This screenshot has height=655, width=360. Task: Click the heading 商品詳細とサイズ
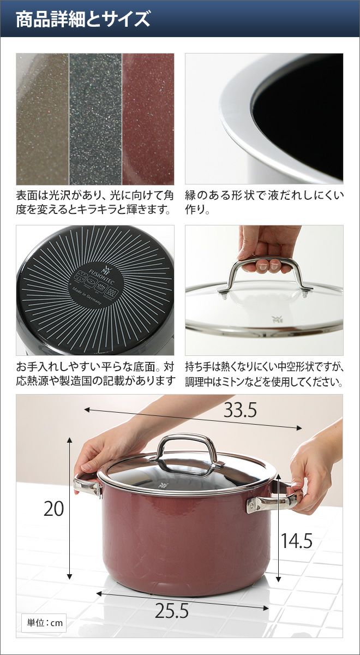[x=83, y=19]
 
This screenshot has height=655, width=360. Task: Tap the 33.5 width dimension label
[x=240, y=410]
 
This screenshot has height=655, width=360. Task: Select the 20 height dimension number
[x=53, y=509]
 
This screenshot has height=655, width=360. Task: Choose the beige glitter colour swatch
[x=43, y=119]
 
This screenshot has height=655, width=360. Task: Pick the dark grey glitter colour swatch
[x=95, y=119]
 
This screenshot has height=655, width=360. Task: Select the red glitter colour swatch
[x=148, y=119]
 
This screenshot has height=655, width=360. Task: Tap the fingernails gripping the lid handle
[x=269, y=266]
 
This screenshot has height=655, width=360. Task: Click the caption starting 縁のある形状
[x=264, y=203]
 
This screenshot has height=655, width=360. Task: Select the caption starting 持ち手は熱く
[x=264, y=374]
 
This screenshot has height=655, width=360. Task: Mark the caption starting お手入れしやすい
[x=95, y=374]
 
